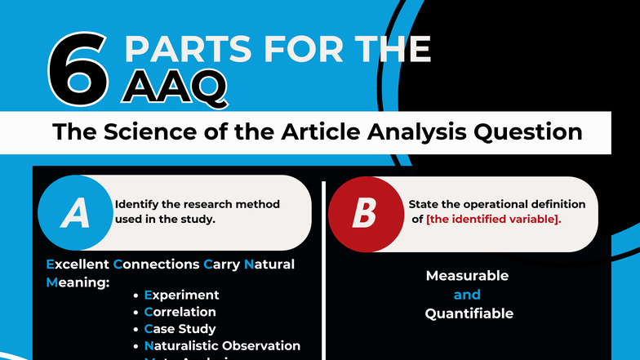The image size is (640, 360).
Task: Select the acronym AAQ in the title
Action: pyautogui.click(x=174, y=87)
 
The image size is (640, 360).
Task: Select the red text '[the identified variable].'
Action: pyautogui.click(x=493, y=220)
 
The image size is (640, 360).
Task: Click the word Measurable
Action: pyautogui.click(x=467, y=276)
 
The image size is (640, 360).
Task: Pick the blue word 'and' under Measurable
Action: pyautogui.click(x=467, y=295)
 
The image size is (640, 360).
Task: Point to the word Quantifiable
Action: pyautogui.click(x=469, y=313)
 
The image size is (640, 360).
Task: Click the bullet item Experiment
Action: pyautogui.click(x=181, y=295)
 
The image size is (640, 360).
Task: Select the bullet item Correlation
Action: pyautogui.click(x=180, y=312)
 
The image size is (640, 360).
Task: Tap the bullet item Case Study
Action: pyautogui.click(x=180, y=329)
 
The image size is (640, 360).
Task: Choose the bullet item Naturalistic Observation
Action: pyautogui.click(x=222, y=346)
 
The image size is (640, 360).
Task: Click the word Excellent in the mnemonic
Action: pyautogui.click(x=78, y=264)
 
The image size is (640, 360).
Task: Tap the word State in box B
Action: pyautogui.click(x=424, y=204)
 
